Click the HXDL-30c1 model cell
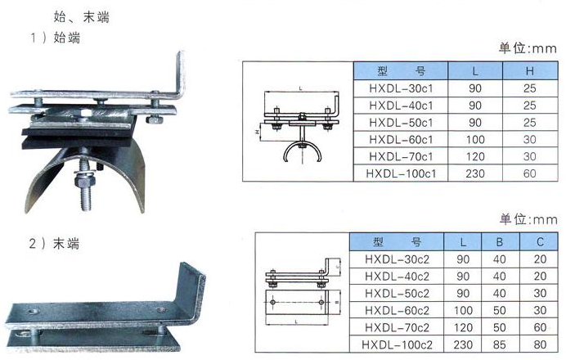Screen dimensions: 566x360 401,88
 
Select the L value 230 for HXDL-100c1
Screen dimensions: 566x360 474,173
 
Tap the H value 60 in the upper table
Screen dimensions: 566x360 529,173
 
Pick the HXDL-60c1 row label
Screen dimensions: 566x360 401,140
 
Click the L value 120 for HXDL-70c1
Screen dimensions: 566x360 474,157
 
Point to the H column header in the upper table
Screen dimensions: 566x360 529,71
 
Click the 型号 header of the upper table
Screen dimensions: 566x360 401,71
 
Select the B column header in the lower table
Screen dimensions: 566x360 500,242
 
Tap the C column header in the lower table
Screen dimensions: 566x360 540,242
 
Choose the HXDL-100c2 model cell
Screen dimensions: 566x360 397,344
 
